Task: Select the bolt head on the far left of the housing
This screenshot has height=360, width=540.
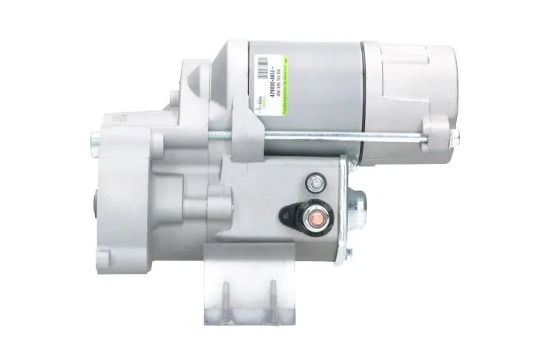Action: (x=95, y=137)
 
